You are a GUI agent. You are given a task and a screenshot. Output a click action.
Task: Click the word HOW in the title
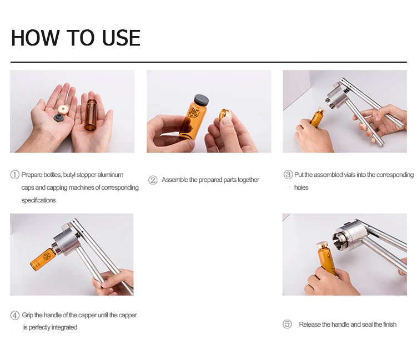pyautogui.click(x=35, y=38)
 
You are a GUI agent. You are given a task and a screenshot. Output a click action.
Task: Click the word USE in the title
pyautogui.click(x=121, y=38)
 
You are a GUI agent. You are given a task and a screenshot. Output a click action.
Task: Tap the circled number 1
pyautogui.click(x=14, y=175)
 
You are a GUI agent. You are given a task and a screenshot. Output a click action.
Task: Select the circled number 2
pyautogui.click(x=153, y=180)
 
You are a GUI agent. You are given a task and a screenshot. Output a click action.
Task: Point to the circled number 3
pyautogui.click(x=288, y=175)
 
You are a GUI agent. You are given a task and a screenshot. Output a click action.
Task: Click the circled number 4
pyautogui.click(x=15, y=315)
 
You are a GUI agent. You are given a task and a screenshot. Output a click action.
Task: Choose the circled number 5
pyautogui.click(x=287, y=324)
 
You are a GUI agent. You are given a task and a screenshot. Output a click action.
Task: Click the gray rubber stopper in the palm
pyautogui.click(x=58, y=117)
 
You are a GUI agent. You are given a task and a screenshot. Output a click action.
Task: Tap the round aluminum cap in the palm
pyautogui.click(x=63, y=109)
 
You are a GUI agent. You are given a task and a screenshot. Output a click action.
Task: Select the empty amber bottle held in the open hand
pyautogui.click(x=91, y=114)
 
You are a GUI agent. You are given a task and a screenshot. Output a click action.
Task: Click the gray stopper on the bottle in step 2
pyautogui.click(x=202, y=100)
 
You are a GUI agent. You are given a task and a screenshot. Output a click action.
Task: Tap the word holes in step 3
pyautogui.click(x=301, y=187)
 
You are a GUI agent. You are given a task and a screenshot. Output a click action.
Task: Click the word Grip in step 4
pyautogui.click(x=27, y=315)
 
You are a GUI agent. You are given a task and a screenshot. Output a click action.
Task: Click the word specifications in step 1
pyautogui.click(x=38, y=200)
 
